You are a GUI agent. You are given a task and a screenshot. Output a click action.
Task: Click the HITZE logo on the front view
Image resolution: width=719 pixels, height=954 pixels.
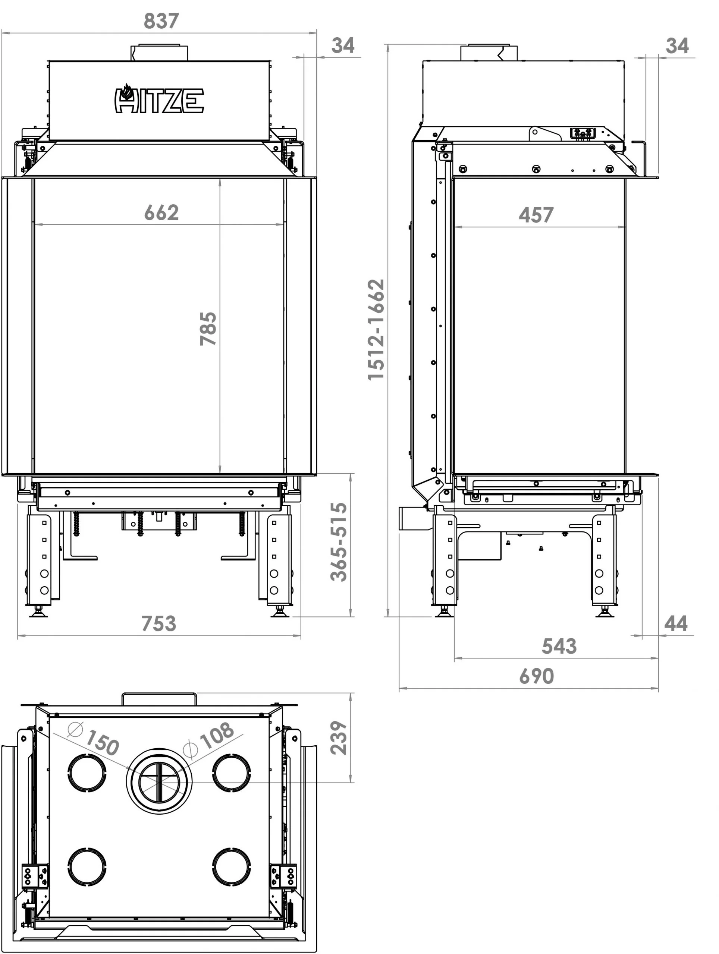[159, 99]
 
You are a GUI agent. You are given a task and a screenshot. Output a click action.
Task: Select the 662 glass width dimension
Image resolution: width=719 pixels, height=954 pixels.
[161, 213]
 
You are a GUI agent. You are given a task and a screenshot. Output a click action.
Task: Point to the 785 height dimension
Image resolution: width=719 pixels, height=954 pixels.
[208, 329]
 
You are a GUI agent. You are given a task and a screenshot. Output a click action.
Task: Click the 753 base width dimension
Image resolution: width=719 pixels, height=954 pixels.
[159, 623]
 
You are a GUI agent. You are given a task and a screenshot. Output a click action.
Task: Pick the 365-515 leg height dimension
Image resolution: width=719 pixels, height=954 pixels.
[339, 542]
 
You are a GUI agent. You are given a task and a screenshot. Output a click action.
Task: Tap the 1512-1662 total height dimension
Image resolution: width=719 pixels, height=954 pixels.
[376, 329]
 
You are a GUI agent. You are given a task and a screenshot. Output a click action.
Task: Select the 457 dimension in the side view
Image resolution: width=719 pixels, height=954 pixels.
[536, 215]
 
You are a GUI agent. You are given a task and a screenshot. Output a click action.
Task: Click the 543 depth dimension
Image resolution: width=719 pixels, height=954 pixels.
[559, 646]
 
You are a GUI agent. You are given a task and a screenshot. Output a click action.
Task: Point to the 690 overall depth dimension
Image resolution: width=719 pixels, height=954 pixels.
[536, 676]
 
